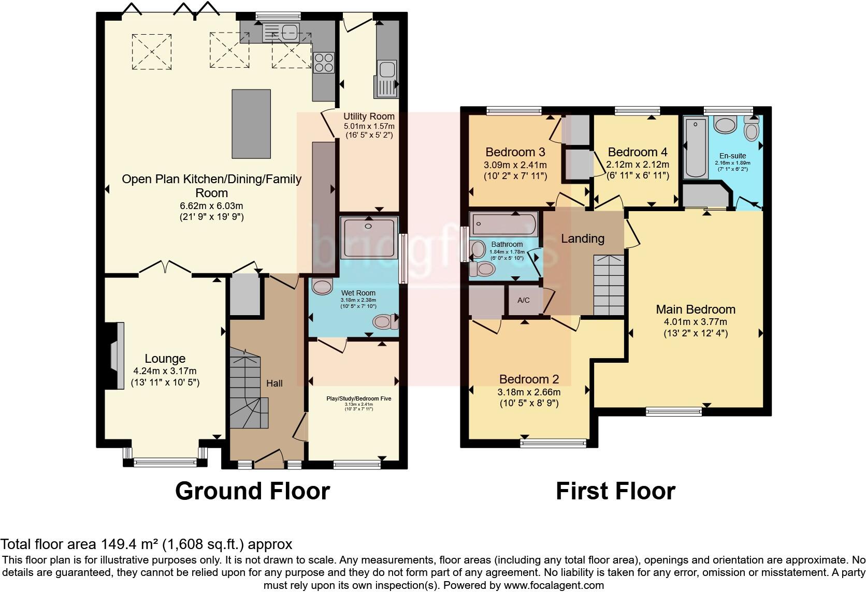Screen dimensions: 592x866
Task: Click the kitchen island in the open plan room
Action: coord(251,124)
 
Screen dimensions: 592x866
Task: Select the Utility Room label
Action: coord(369,116)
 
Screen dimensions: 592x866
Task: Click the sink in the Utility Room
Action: coord(386,70)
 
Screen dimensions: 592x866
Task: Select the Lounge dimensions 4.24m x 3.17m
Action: coord(165,371)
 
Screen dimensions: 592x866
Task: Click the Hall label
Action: coord(275,383)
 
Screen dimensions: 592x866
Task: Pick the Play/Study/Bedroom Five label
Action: coord(358,398)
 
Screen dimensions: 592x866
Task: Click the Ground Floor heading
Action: coord(252,491)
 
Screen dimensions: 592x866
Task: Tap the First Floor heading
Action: coord(615,491)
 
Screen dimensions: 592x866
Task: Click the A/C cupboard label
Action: coord(524,300)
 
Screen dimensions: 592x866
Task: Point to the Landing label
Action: coord(583,239)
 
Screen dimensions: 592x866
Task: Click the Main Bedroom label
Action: coord(696,309)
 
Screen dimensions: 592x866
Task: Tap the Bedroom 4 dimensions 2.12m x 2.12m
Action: coord(638,165)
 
